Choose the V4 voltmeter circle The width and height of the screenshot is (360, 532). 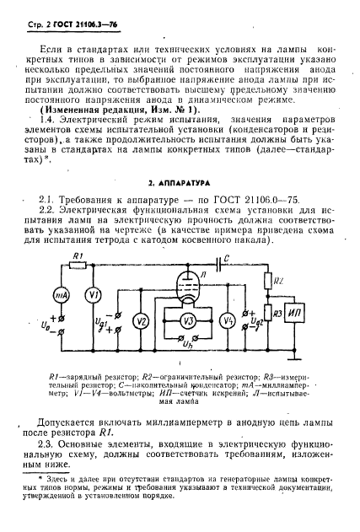pyautogui.click(x=226, y=320)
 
